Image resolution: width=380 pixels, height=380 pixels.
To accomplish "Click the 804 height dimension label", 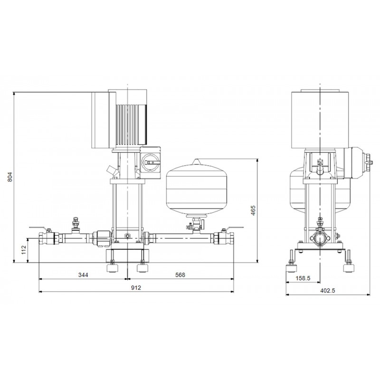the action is (x=9, y=177).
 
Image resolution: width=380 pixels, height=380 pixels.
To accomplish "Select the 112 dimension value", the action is (x=24, y=250).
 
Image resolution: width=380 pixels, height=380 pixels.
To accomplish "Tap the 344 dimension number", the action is (x=83, y=275).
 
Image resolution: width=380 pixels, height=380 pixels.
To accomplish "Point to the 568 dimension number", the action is (x=180, y=275).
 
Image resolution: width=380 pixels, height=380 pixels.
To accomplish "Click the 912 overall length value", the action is (x=136, y=288).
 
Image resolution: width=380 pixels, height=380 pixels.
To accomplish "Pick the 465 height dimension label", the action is (x=253, y=210).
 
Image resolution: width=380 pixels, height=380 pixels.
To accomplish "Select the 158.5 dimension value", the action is (x=303, y=278).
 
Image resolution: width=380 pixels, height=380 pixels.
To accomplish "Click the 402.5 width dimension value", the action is (x=328, y=291).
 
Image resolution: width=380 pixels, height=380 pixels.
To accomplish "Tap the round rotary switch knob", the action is (x=150, y=161).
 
